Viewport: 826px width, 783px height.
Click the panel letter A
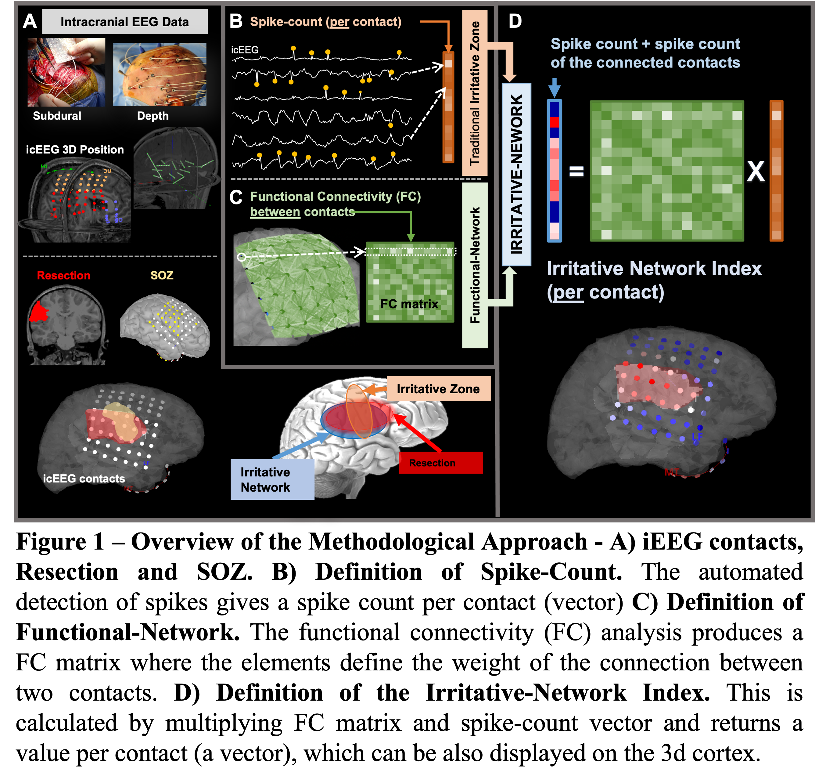[30, 21]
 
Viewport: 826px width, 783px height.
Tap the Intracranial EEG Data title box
[125, 22]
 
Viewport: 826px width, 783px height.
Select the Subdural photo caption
[57, 116]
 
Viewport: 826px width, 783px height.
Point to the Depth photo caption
[153, 116]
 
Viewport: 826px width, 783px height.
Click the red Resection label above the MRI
[63, 276]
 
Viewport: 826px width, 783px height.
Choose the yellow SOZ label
[162, 276]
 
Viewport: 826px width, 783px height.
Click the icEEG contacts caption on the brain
[84, 479]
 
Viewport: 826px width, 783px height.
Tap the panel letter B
[236, 21]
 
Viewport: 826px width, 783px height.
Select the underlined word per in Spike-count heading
[339, 22]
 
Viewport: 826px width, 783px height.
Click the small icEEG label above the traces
[245, 50]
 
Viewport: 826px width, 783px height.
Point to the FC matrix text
[409, 304]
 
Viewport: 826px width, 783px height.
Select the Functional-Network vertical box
[475, 265]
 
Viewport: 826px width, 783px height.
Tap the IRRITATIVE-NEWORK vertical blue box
[516, 175]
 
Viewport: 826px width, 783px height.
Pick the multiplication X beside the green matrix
[756, 171]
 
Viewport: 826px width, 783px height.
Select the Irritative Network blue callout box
[272, 480]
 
